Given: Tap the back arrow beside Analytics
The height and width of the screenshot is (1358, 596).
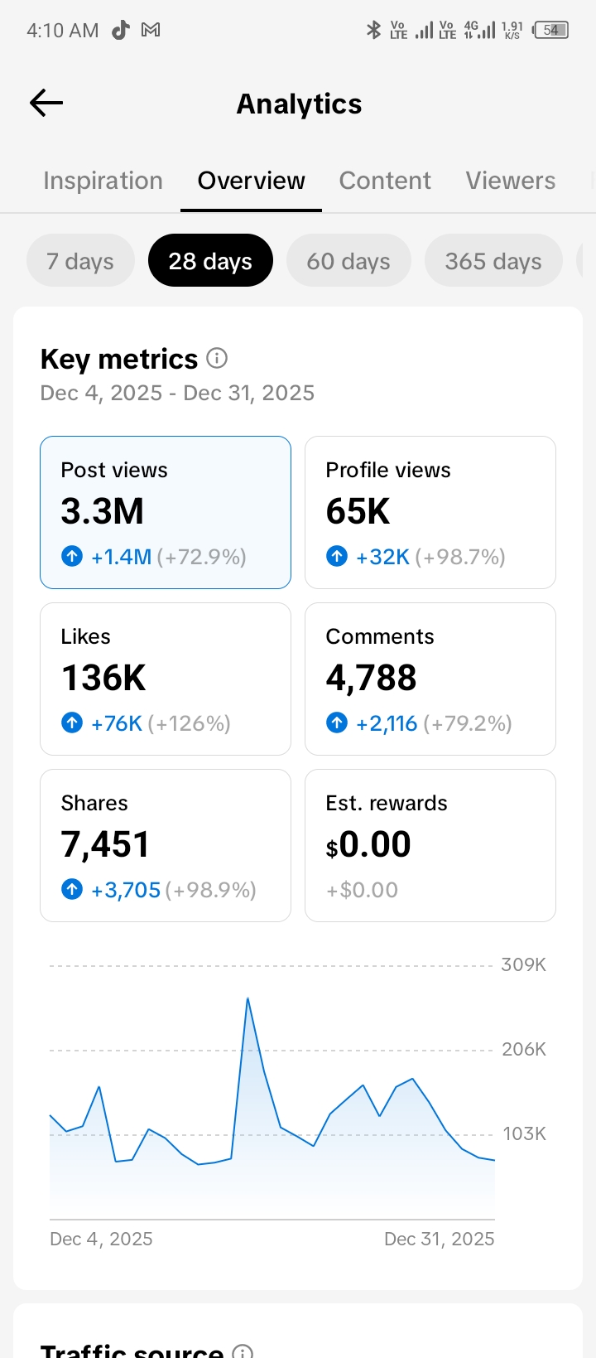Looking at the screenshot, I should coord(46,103).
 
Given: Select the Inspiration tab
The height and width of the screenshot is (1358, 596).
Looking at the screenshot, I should coord(103,181).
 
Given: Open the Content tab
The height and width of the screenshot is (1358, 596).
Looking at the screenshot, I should coord(385,181).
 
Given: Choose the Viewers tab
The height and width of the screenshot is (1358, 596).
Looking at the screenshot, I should coord(510,181).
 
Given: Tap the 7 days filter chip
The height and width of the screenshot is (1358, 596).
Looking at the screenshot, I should coord(80,261).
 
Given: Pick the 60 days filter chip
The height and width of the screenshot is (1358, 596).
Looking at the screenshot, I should coord(348,261).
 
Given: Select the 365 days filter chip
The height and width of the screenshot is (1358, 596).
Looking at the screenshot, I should coord(493,261).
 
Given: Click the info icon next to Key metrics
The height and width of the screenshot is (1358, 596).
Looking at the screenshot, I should coord(217,358).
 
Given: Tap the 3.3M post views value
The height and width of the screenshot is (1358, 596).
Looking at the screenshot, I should coord(103,511).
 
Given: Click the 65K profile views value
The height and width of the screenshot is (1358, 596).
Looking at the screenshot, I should coord(358,511).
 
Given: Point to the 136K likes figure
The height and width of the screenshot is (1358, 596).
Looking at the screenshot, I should coord(103,679).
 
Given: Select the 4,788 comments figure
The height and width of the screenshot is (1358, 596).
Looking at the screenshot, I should coord(371,679).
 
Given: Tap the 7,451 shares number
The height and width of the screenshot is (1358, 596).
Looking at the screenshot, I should coord(105,845).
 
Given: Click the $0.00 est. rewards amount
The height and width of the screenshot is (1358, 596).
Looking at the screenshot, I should coord(368,845).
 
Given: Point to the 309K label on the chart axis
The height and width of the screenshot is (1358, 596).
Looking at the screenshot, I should coord(523,964).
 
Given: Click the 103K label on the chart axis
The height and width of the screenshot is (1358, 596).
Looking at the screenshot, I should coord(524,1133).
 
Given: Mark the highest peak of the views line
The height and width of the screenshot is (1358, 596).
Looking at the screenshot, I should coord(248,998).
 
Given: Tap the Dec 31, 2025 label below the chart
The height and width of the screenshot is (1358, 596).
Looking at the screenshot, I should coord(439,1239).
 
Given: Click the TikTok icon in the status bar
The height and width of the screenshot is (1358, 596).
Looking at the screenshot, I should coord(121,30).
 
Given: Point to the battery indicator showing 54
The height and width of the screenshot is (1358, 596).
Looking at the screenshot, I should coord(551,30).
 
